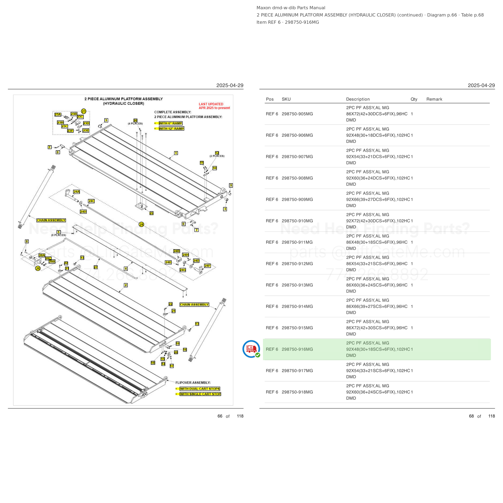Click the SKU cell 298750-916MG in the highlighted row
point(297,349)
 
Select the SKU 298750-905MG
point(297,114)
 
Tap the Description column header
point(358,99)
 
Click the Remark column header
point(434,99)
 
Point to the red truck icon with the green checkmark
point(251,349)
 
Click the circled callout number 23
point(83,111)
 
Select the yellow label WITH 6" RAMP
point(171,123)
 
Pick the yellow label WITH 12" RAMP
point(171,129)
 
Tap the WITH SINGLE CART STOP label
point(200,394)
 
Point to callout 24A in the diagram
point(76,192)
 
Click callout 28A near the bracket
point(42,255)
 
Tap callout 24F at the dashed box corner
point(207,266)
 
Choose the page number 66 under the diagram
point(220,416)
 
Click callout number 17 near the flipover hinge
point(172,366)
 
